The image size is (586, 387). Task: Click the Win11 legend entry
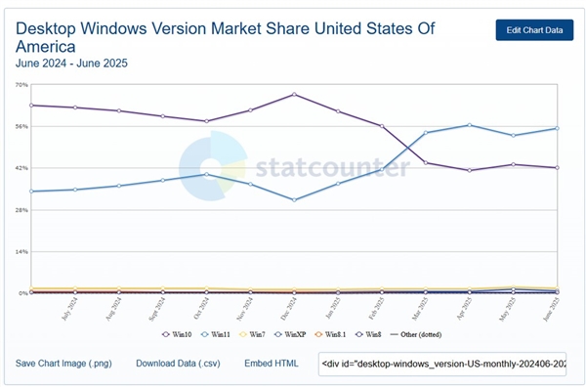(218, 334)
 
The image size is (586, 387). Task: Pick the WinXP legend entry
(294, 334)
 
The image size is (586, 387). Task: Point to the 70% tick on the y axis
(21, 85)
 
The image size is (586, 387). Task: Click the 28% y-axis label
(21, 210)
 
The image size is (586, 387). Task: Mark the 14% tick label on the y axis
(21, 252)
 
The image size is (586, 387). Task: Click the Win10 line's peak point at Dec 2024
(294, 95)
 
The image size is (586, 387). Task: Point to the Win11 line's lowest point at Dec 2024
(294, 199)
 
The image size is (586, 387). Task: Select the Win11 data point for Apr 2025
(470, 125)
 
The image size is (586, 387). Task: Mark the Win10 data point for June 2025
(557, 167)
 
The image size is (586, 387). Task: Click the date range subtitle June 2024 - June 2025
(71, 64)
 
